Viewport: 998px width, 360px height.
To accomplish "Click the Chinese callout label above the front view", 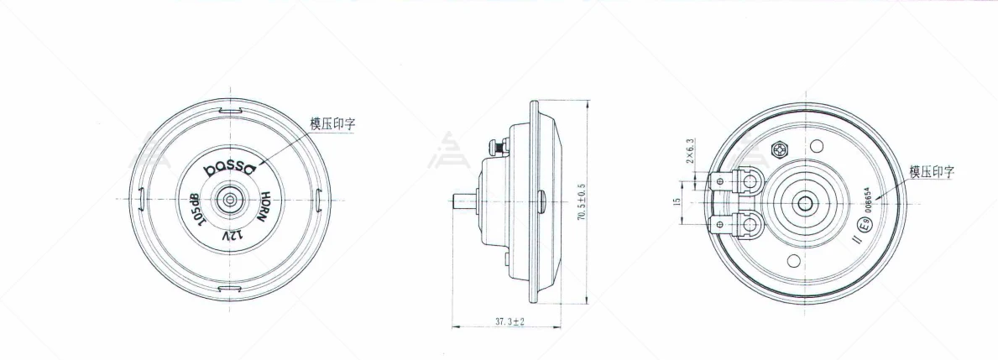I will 332,123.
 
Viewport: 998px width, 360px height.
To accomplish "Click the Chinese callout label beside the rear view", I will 932,172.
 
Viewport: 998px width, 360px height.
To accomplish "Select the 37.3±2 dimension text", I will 509,321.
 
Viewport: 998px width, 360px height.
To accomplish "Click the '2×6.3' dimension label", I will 690,151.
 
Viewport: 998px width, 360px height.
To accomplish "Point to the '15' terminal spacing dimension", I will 676,202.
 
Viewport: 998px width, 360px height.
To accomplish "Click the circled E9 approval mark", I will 861,225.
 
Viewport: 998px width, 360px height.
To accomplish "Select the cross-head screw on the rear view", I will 777,150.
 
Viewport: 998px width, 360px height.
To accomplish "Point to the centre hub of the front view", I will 228,201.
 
